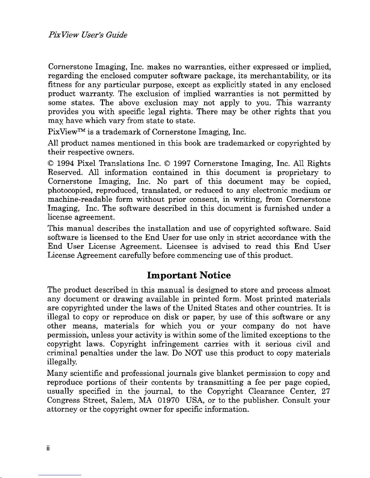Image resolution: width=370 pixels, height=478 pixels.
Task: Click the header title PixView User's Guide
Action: click(x=88, y=35)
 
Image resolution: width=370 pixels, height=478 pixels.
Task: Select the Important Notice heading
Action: click(x=189, y=275)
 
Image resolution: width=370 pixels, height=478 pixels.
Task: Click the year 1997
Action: click(x=181, y=164)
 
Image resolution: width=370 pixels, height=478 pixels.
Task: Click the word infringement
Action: click(x=175, y=344)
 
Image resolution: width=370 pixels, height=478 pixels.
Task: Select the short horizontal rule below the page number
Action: click(x=60, y=475)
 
